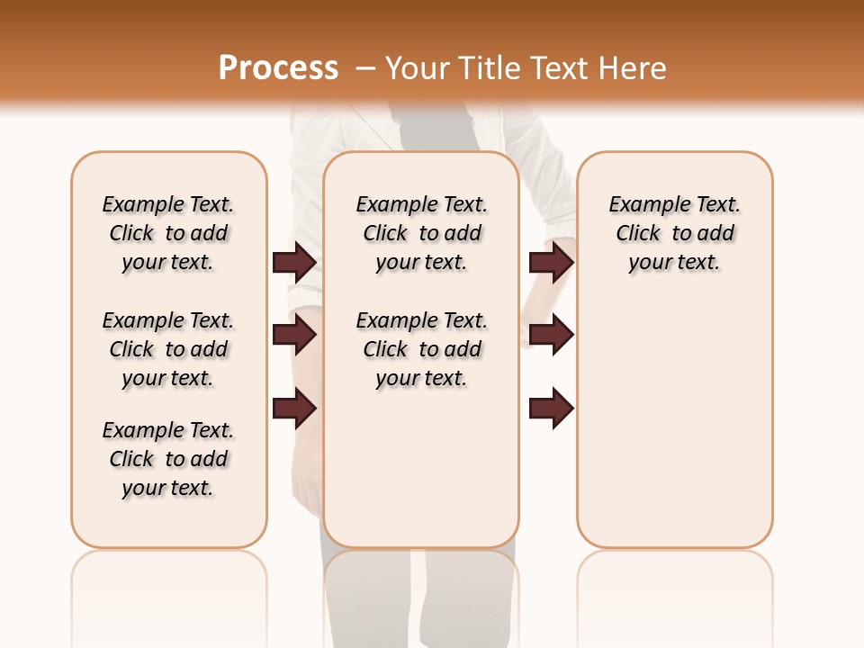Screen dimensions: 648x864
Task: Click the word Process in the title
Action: [x=278, y=68]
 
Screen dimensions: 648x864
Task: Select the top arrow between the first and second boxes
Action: [x=294, y=262]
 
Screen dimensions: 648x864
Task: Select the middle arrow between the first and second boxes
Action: [x=294, y=335]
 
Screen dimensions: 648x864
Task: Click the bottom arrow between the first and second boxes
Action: [x=294, y=409]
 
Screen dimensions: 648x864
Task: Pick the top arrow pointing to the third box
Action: [x=551, y=262]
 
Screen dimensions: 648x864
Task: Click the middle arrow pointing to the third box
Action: [x=551, y=335]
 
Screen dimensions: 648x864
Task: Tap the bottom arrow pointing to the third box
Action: [x=551, y=409]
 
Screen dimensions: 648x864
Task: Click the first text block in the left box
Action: [x=168, y=233]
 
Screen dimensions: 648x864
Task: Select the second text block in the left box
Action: [x=168, y=349]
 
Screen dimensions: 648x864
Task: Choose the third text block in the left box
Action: [x=168, y=459]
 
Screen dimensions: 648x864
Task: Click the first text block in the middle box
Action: [x=421, y=233]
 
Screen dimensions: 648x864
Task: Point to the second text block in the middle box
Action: [x=421, y=349]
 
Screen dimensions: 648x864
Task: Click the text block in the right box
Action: [x=675, y=233]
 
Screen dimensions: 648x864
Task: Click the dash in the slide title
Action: [x=365, y=68]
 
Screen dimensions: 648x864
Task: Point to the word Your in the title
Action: [x=418, y=68]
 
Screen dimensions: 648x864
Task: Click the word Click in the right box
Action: [x=638, y=234]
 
